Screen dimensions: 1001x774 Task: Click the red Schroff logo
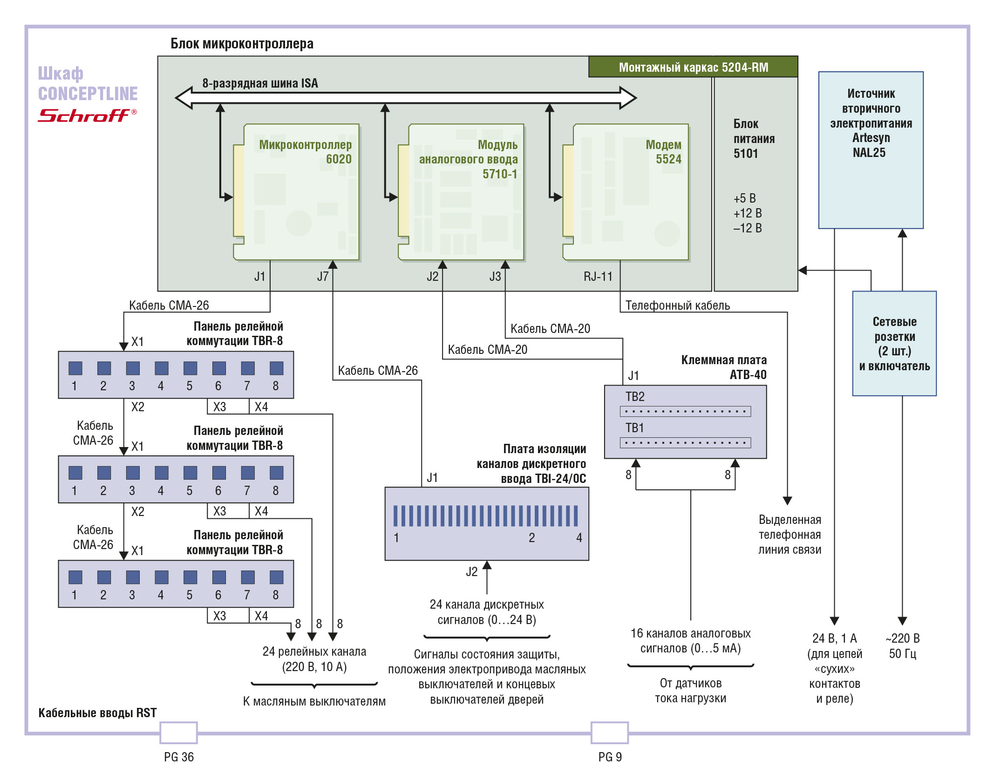(87, 115)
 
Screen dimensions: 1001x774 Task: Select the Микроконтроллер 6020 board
(296, 192)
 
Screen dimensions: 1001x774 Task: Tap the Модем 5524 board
(626, 192)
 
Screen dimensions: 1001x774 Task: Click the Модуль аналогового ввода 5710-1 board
(461, 192)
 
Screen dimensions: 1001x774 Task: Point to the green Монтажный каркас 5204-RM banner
(693, 67)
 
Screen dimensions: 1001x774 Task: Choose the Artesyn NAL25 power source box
(871, 150)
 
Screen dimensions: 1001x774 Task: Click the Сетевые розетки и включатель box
(894, 344)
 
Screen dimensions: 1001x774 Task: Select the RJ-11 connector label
(598, 277)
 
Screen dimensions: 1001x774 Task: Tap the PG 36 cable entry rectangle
(179, 733)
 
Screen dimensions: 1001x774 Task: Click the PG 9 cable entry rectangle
(610, 733)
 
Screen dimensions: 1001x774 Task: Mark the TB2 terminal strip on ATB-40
(685, 411)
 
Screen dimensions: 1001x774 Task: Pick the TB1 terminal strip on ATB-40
(685, 442)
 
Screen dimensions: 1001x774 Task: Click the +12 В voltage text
(748, 213)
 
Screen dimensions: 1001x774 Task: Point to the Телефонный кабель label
(677, 306)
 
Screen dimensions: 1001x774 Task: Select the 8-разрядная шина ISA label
(260, 83)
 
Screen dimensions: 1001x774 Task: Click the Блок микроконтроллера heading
(242, 44)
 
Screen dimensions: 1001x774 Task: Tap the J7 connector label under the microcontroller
(323, 277)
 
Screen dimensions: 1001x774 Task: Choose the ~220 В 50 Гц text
(902, 646)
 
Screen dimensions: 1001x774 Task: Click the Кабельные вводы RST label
(97, 713)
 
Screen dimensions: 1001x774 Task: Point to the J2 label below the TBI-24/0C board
(471, 572)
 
